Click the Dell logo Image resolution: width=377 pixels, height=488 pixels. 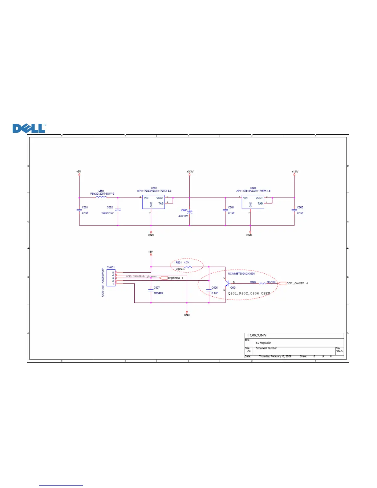coord(29,128)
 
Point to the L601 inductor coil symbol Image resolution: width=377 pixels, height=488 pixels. coord(101,197)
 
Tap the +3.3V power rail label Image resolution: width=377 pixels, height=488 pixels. coord(190,172)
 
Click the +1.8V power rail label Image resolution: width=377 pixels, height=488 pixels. coord(295,172)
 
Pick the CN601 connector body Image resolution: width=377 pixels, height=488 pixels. coord(111,278)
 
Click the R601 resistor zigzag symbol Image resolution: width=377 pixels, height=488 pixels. coord(188,267)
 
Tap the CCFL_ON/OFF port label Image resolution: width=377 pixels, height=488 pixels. coord(295,283)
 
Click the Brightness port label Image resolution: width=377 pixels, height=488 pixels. coord(174,278)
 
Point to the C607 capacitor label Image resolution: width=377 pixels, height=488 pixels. coord(157,288)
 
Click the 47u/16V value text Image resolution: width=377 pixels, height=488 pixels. coord(183,216)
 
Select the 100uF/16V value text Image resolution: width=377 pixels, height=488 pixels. coord(107,213)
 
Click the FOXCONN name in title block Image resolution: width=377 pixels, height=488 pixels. coord(257,335)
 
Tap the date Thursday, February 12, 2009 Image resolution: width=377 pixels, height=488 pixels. coord(275,356)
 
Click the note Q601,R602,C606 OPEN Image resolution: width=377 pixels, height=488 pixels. coord(249,293)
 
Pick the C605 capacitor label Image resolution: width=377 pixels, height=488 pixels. coord(300,207)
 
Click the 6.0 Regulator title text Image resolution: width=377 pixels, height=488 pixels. coord(263,343)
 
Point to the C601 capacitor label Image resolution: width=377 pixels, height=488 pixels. coord(85,207)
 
